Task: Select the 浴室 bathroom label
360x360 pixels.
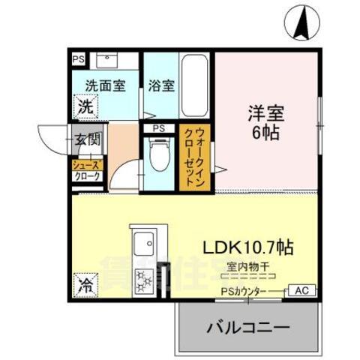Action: tap(162, 85)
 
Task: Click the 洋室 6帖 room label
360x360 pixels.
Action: tap(267, 124)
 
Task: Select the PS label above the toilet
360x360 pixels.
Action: tap(159, 127)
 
